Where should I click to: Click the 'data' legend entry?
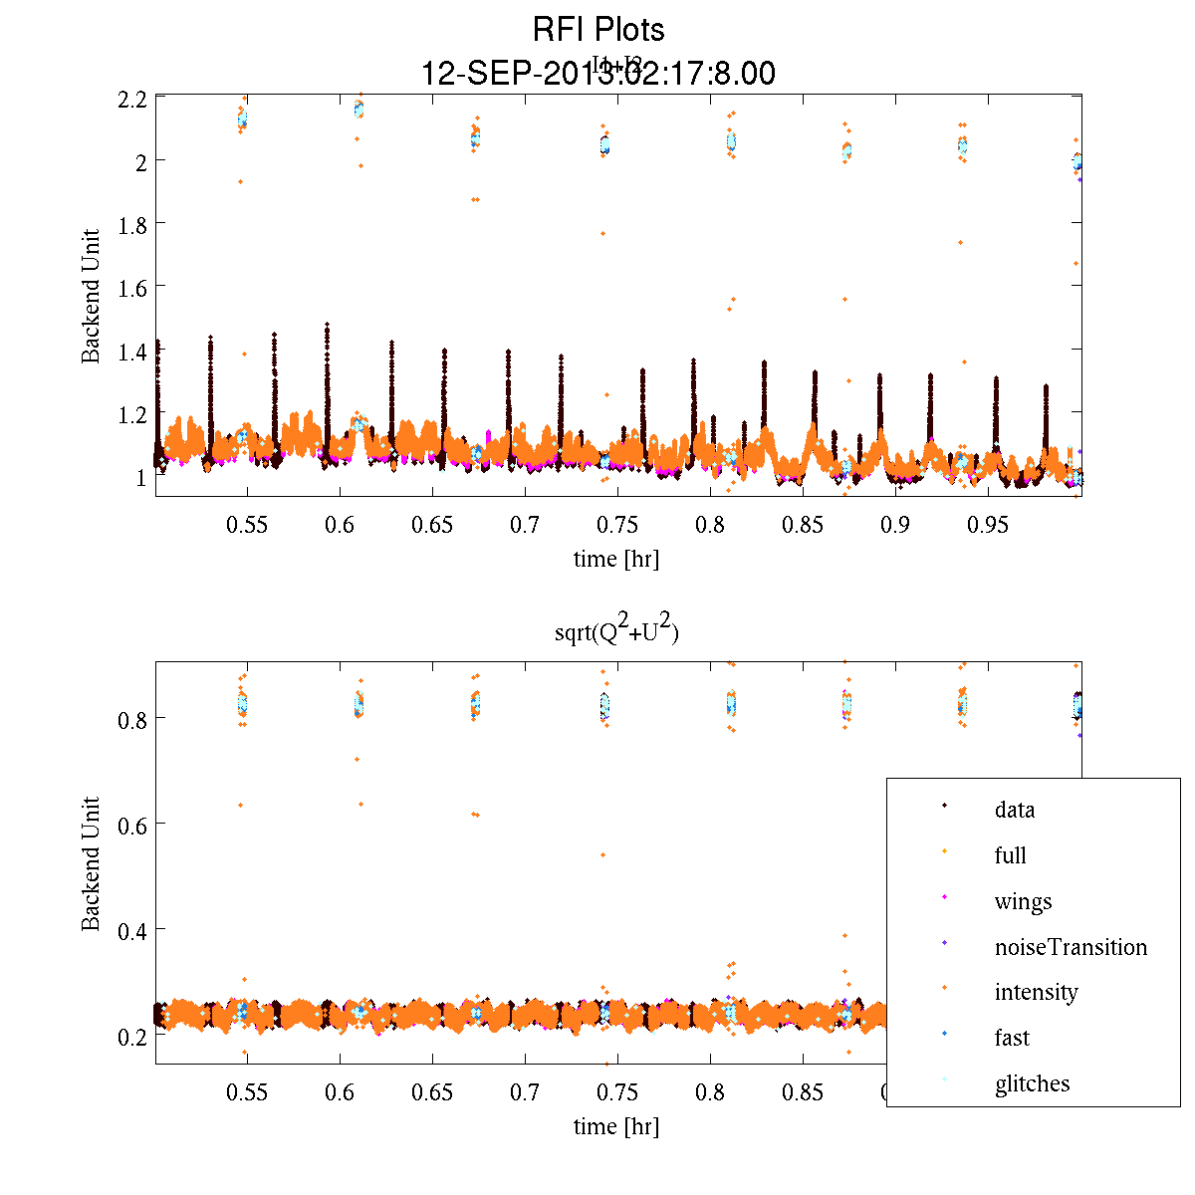click(x=1014, y=810)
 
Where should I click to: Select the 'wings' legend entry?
click(x=1023, y=901)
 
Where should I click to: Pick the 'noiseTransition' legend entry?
click(x=1071, y=947)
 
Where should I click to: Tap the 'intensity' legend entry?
click(x=1036, y=992)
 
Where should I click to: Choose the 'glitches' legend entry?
click(x=1032, y=1083)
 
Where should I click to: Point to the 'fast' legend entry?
click(x=1012, y=1038)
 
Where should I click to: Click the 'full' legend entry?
click(x=1010, y=855)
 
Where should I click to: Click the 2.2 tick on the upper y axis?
click(x=132, y=99)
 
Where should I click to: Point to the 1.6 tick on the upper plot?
click(x=132, y=287)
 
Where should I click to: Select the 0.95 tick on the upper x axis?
click(x=989, y=525)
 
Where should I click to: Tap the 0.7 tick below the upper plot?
click(x=525, y=525)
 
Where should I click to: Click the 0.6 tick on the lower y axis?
click(x=132, y=824)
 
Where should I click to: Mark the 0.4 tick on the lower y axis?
click(x=132, y=929)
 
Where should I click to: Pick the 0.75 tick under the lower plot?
click(x=617, y=1092)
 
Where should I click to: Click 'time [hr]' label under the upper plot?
click(x=615, y=559)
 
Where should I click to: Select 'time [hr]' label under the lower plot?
click(x=615, y=1126)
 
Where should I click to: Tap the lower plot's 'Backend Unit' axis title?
click(x=92, y=863)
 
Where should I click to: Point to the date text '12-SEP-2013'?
click(x=508, y=74)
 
